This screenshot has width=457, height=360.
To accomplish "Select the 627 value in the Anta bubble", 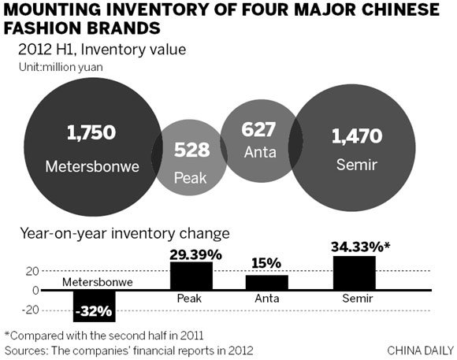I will pos(258,128).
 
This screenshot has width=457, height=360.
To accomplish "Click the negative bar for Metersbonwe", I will pos(94,305).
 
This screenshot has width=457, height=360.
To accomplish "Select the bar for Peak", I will pos(192,276).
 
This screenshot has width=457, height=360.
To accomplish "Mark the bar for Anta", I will pos(267,282).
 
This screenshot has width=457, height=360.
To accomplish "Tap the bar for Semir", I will pos(354,273).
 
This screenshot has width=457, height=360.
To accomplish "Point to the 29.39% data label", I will pos(193,254).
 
